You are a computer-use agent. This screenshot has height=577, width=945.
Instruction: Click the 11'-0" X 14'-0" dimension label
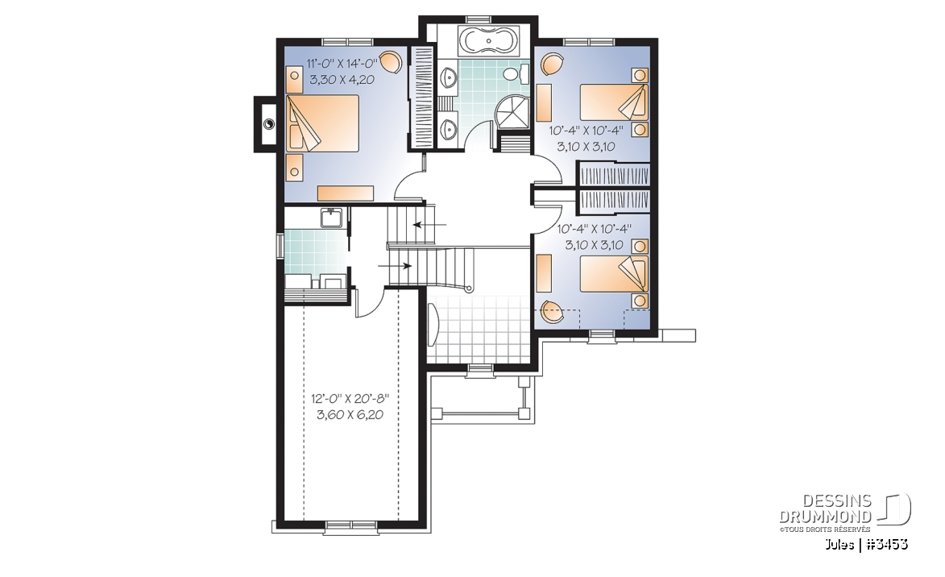click(342, 63)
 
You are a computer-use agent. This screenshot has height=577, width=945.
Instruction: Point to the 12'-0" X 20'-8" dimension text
click(350, 399)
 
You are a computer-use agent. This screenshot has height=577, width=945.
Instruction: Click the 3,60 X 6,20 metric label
click(350, 415)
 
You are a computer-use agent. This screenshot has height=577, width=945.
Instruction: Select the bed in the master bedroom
click(322, 122)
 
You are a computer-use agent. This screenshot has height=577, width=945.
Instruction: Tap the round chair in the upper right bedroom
click(552, 64)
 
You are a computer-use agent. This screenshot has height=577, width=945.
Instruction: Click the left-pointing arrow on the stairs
click(429, 225)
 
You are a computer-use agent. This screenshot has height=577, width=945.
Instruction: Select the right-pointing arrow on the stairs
click(395, 265)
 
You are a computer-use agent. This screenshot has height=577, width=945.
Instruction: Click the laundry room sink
click(332, 218)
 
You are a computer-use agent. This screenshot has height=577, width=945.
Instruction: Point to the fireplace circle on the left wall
click(269, 124)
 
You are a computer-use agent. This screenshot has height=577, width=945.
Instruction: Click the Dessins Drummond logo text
click(825, 509)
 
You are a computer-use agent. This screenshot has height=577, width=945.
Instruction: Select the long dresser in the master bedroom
click(346, 193)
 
